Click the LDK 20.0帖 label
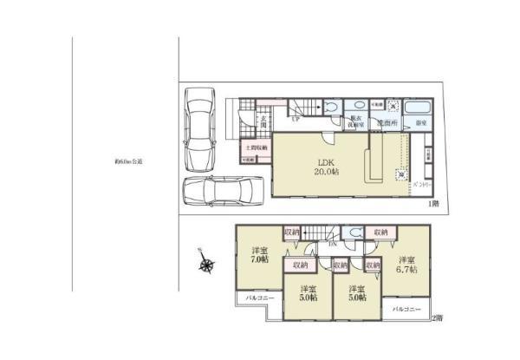click(x=326, y=167)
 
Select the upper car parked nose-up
click(x=198, y=121)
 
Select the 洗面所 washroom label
click(x=387, y=125)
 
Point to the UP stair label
click(x=296, y=119)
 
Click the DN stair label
click(x=332, y=245)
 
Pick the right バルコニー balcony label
click(x=406, y=309)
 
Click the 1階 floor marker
click(x=432, y=203)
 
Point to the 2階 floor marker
click(x=435, y=318)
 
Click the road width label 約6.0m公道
click(x=127, y=161)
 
